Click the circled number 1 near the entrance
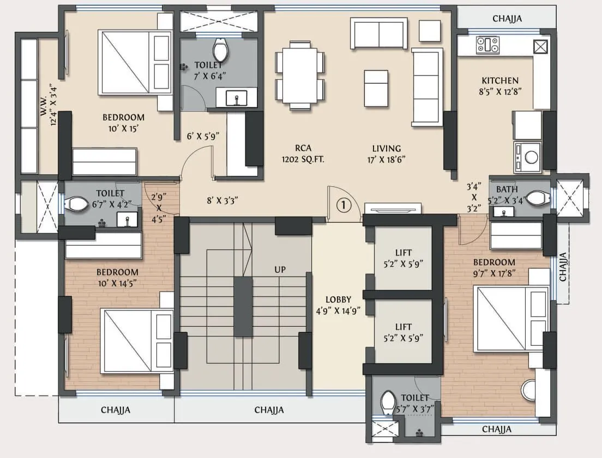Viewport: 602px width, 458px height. [343, 205]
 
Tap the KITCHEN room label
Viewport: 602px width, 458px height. [499, 86]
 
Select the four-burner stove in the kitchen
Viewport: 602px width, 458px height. [487, 45]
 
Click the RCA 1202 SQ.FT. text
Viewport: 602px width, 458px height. [298, 154]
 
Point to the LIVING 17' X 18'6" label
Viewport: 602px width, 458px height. [387, 154]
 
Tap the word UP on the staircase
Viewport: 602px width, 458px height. [280, 270]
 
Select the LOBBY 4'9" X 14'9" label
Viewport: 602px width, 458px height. [338, 305]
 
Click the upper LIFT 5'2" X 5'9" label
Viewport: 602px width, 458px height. [403, 258]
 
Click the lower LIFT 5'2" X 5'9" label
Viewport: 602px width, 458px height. [403, 332]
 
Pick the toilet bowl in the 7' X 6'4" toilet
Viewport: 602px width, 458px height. [220, 50]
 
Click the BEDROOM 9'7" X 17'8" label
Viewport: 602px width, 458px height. [494, 267]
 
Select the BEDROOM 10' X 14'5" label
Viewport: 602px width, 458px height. [117, 277]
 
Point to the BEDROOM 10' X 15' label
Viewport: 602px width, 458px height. [123, 123]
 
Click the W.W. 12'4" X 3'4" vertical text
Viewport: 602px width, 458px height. [49, 105]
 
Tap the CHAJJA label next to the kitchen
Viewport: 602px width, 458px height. [507, 19]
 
